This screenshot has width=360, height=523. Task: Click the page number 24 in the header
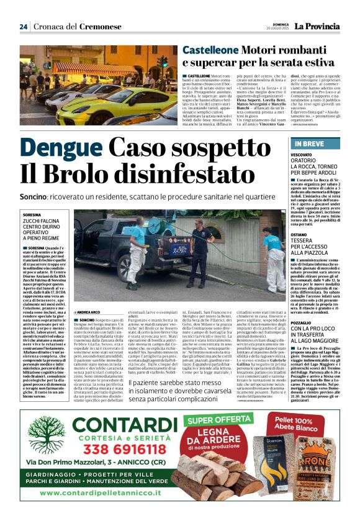(x=23, y=27)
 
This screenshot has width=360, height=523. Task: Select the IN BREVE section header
(x=306, y=143)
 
